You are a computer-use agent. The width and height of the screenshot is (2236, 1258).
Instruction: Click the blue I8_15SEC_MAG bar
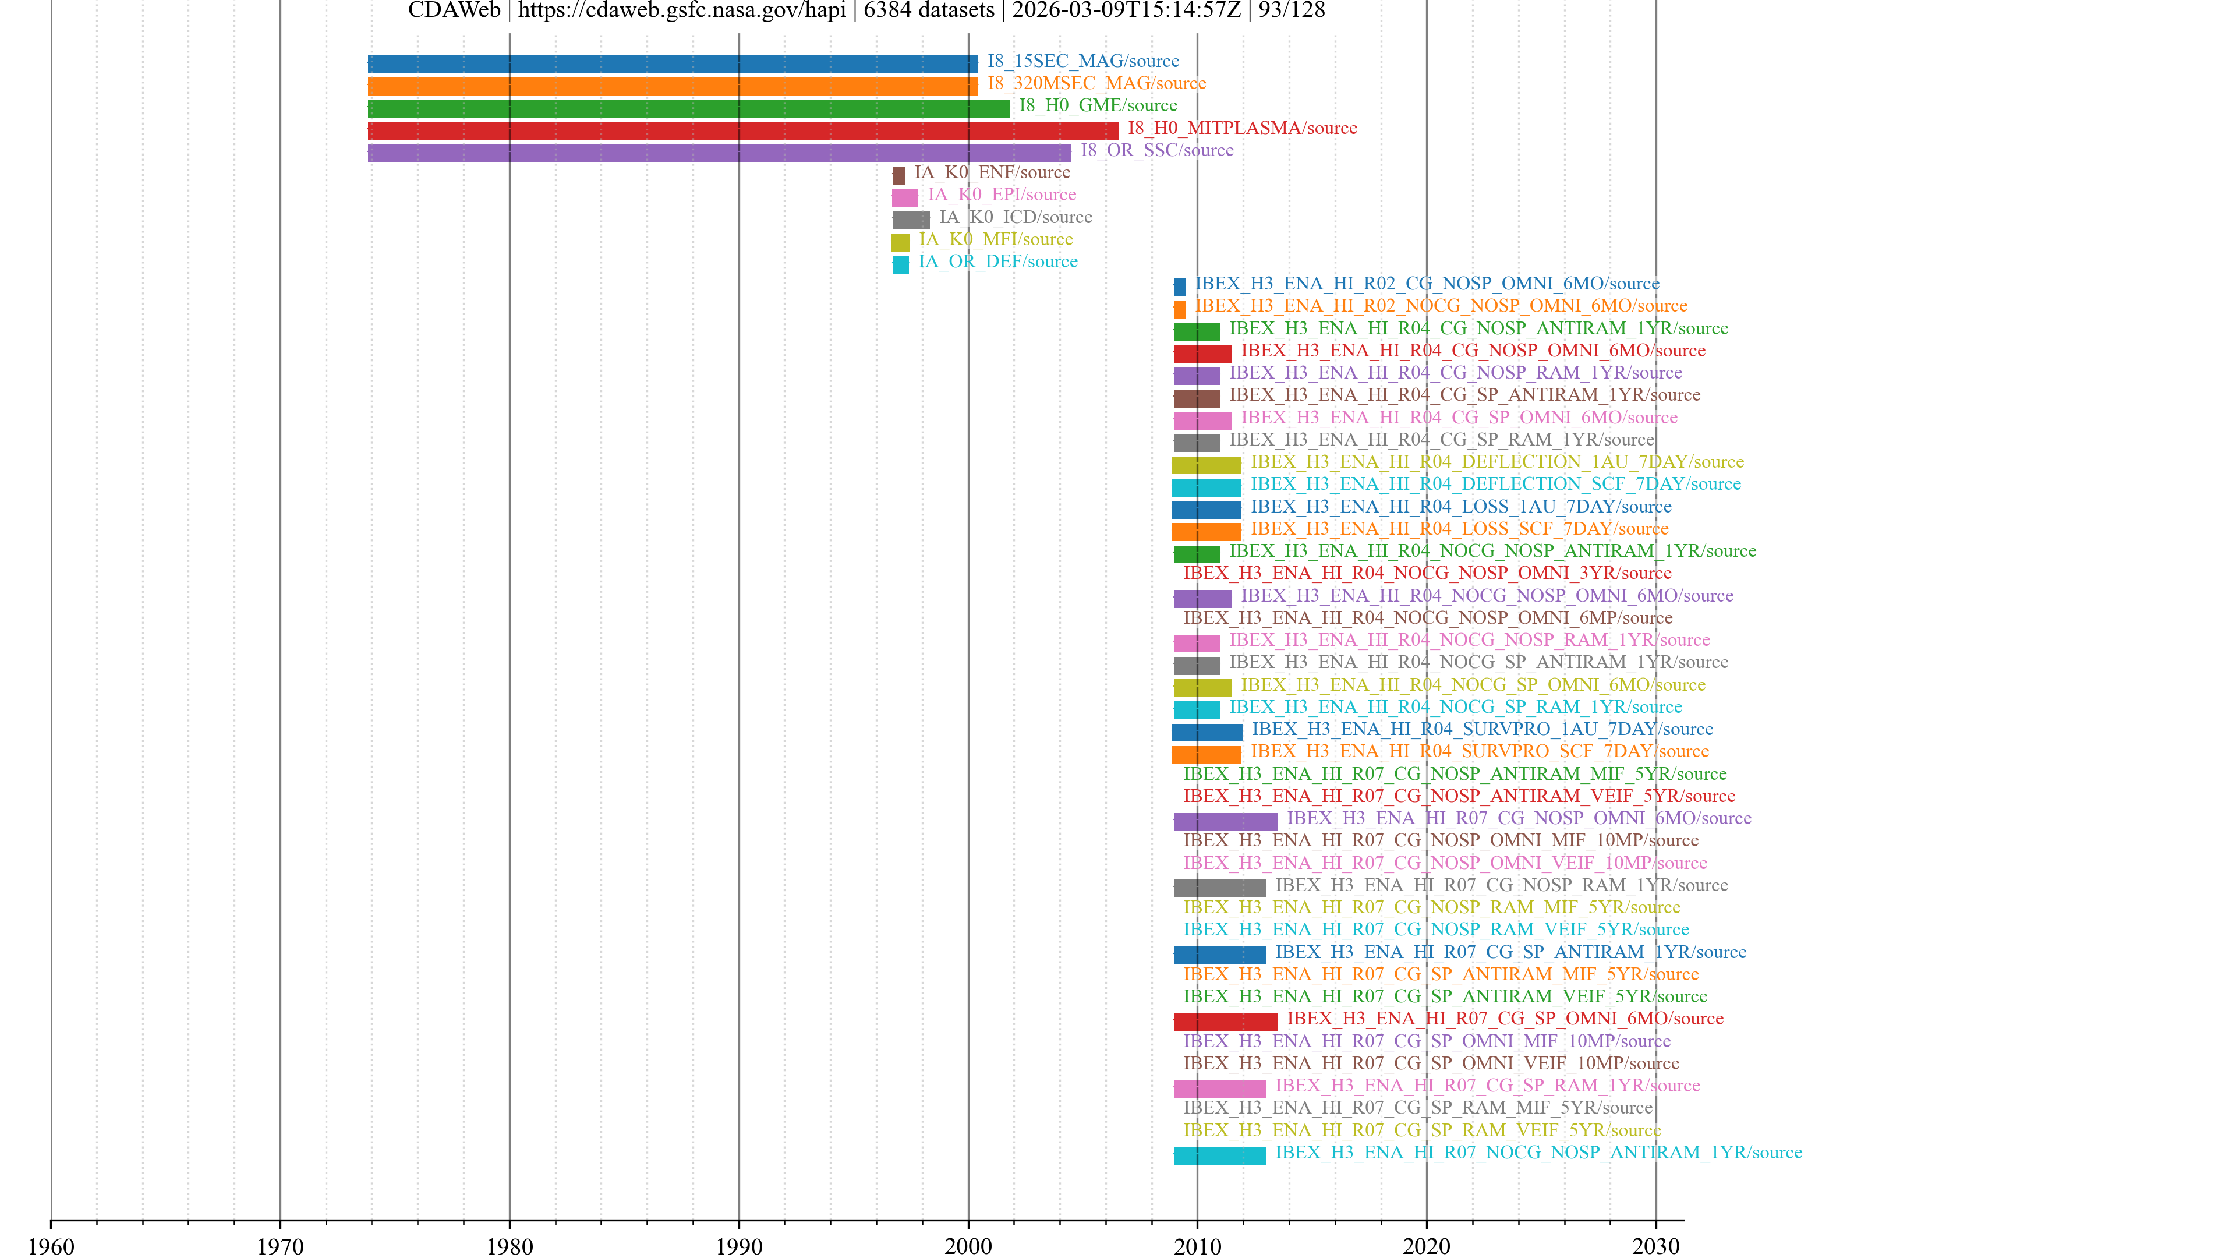point(673,64)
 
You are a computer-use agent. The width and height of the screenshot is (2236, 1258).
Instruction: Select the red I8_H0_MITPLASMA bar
point(743,131)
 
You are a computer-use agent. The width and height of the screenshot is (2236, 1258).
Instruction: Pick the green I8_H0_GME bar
point(688,108)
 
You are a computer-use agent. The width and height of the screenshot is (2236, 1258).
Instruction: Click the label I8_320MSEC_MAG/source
point(1096,83)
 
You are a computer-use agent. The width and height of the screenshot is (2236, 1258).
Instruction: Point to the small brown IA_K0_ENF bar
point(898,175)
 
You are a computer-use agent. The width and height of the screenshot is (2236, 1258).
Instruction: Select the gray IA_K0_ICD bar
point(911,220)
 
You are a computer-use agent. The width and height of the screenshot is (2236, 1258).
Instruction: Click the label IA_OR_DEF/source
point(997,262)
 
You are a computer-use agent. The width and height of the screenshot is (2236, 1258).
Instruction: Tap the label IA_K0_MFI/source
point(996,239)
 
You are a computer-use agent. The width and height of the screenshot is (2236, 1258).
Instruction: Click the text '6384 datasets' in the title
point(929,10)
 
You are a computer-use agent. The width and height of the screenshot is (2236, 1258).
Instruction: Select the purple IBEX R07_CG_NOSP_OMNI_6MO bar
point(1225,821)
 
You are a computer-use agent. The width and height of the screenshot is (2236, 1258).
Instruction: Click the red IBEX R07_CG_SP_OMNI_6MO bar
point(1225,1022)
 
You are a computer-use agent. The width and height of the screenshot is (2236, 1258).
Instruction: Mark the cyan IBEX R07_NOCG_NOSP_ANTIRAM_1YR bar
point(1219,1155)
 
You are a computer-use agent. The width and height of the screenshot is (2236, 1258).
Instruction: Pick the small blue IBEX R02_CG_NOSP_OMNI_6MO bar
point(1179,287)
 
